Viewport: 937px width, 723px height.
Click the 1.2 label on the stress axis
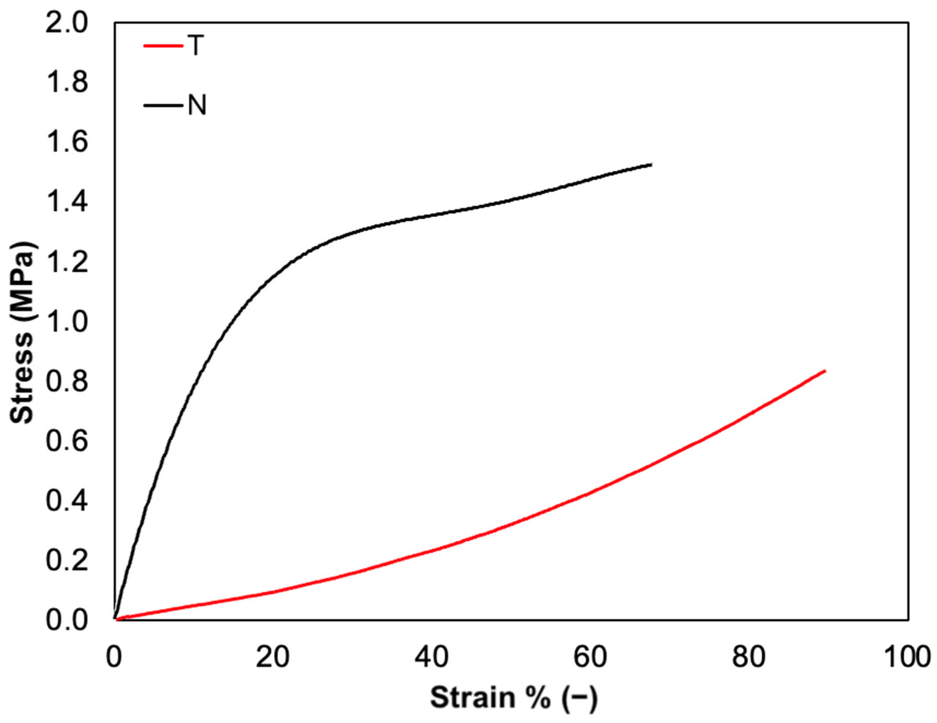(x=67, y=262)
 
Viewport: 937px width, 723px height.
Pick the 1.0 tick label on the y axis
(x=67, y=322)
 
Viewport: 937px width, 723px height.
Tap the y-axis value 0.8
(x=67, y=382)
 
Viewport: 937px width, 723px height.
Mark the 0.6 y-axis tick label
(x=67, y=442)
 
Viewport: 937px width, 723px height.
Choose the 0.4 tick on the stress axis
(x=67, y=502)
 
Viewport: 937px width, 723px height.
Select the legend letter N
(x=197, y=105)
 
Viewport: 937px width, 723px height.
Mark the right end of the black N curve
(x=651, y=164)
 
